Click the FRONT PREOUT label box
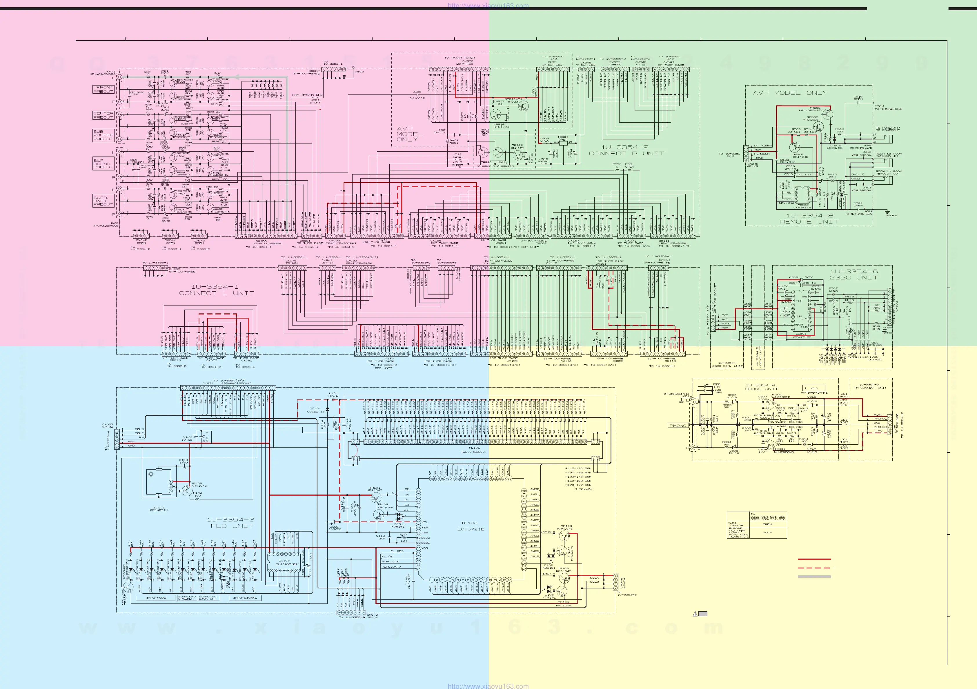point(103,89)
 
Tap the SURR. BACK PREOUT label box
point(103,201)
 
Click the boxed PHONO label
point(678,426)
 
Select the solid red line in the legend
point(814,559)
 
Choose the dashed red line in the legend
point(814,568)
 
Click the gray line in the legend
point(814,577)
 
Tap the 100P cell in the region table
point(767,533)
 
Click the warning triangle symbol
point(695,614)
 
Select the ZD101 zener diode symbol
point(327,409)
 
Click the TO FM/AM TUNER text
point(460,57)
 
